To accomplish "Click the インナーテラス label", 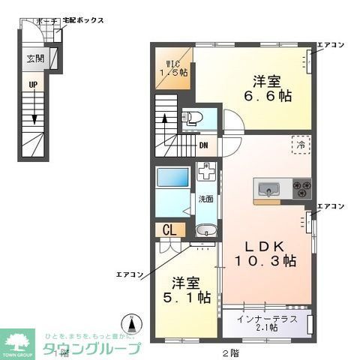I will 266,319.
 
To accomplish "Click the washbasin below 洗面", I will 204,229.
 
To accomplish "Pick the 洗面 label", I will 205,199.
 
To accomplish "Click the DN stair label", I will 204,145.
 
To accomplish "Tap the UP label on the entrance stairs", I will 32,85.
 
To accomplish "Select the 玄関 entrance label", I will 35,58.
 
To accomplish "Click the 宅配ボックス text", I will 83,20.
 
